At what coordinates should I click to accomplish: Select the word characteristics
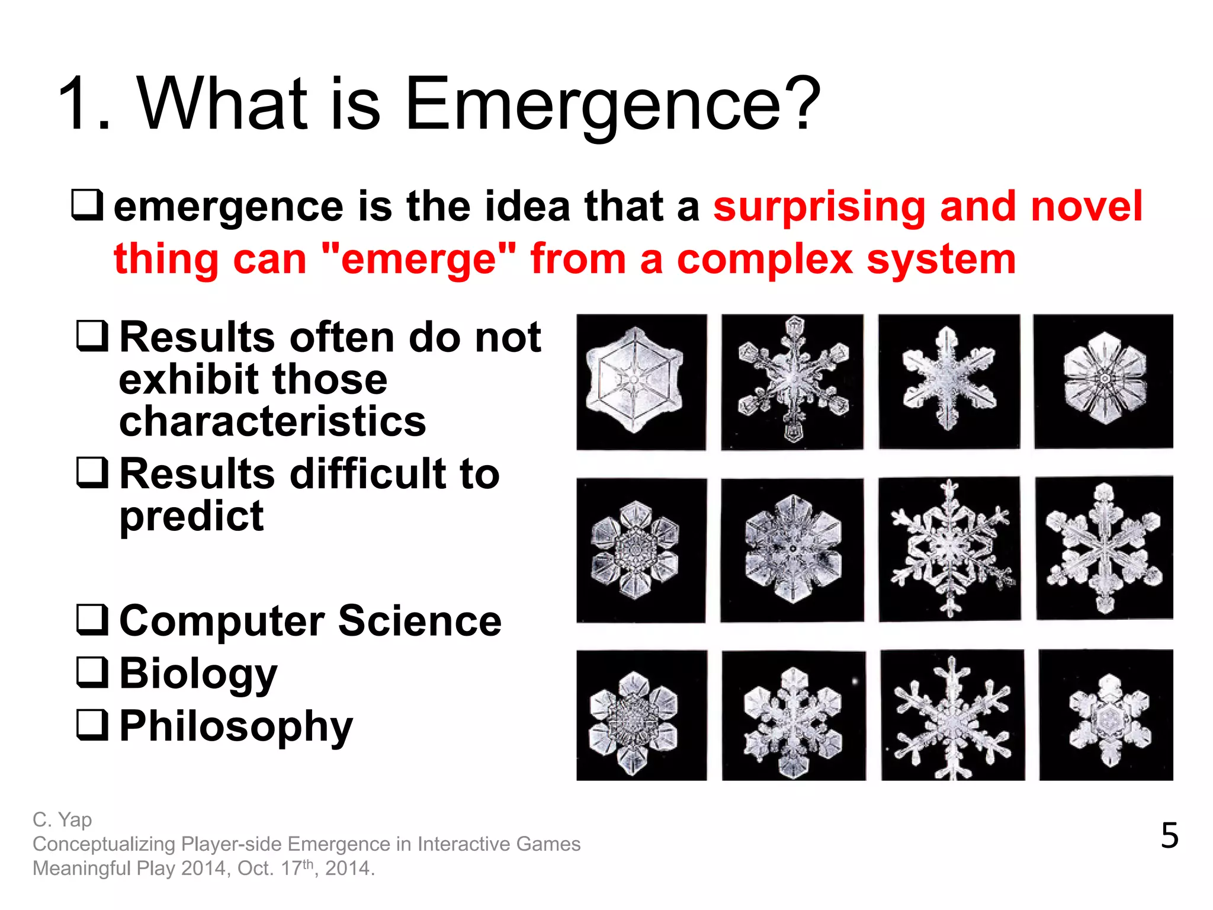click(x=272, y=421)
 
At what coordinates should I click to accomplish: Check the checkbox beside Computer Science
click(x=92, y=620)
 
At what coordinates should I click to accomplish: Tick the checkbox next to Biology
click(x=92, y=672)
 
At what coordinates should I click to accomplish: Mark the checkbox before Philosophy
click(x=92, y=725)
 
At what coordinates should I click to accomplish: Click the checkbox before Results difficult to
click(x=92, y=472)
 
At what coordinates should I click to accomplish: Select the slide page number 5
click(x=1169, y=836)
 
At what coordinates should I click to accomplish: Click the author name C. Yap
click(x=62, y=820)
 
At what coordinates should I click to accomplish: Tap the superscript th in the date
click(x=308, y=864)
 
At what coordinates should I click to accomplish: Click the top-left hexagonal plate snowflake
click(x=641, y=382)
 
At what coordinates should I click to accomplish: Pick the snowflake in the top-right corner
click(x=1103, y=382)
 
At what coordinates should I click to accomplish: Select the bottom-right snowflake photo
click(x=1106, y=715)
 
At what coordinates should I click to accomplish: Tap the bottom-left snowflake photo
click(x=641, y=715)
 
